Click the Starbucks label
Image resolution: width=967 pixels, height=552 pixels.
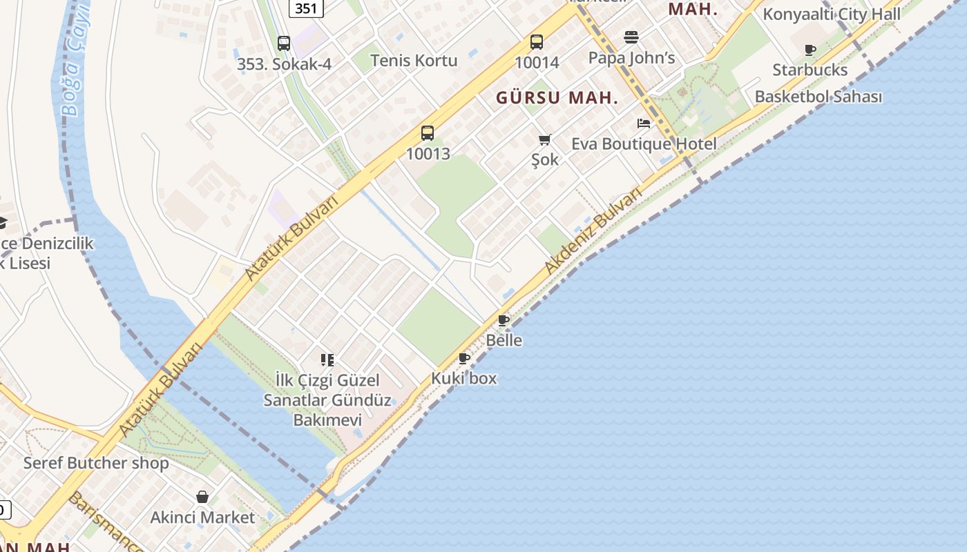coord(810,70)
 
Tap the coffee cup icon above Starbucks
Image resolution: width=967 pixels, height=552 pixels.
coord(810,50)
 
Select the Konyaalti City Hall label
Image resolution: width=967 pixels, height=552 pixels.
coord(831,14)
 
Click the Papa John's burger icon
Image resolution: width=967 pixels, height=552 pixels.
coord(631,37)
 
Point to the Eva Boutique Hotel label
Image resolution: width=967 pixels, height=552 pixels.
coord(644,144)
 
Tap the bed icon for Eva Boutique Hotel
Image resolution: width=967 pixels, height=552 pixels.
coord(644,124)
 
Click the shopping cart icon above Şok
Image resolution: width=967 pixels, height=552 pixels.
coord(544,140)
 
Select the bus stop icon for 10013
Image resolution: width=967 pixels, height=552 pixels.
coord(428,133)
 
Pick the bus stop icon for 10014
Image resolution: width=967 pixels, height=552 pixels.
coord(537,42)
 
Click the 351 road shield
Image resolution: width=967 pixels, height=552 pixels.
coord(305,8)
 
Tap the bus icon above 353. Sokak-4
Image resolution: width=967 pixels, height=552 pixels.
coord(284,43)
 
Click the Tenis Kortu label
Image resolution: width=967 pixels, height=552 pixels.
coord(414,60)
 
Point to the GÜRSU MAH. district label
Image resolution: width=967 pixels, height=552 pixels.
coord(557,98)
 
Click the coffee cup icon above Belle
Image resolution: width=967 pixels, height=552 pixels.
coord(504,320)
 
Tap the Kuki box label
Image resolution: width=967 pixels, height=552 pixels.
coord(463,378)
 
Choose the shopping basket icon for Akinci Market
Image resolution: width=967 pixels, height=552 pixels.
coord(202,497)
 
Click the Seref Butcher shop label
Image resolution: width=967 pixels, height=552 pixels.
coord(96,462)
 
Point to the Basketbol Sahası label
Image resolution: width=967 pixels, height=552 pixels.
coord(818,97)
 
